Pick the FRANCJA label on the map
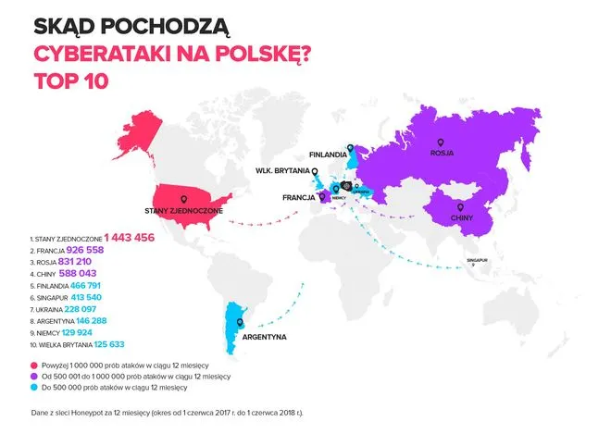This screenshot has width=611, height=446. (299, 197)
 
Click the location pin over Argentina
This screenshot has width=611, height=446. (240, 323)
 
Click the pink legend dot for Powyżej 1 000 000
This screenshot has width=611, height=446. (33, 365)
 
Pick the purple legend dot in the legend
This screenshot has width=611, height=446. (33, 377)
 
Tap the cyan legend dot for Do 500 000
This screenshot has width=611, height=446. (33, 389)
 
